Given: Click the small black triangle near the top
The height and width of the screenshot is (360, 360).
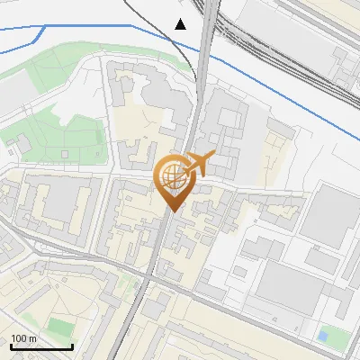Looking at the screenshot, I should tap(181, 24).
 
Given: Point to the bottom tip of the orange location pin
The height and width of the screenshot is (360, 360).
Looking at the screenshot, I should tap(171, 211).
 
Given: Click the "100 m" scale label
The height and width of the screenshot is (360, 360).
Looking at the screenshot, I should tap(24, 338).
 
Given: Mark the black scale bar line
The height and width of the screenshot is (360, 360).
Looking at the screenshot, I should tap(41, 346).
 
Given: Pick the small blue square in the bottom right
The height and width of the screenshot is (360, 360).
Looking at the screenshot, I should tap(322, 337).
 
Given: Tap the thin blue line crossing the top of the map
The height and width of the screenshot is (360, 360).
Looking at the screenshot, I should tap(90, 26).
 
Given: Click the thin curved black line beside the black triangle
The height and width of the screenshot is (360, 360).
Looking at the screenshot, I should tap(191, 54).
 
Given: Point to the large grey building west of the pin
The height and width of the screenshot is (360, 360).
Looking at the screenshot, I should tap(58, 202).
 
